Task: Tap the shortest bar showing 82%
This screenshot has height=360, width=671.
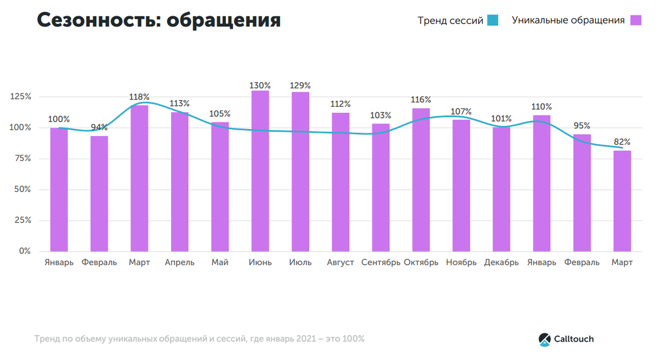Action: [x=622, y=201]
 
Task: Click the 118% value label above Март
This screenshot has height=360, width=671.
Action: [x=139, y=97]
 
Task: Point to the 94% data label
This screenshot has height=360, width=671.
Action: [x=99, y=128]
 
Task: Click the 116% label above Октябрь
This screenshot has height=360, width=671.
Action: [x=421, y=100]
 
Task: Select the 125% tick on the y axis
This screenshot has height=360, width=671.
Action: [x=21, y=97]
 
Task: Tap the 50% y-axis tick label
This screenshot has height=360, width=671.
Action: [x=22, y=190]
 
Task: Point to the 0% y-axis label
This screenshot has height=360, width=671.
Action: [x=25, y=251]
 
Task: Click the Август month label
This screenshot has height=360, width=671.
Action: [x=341, y=262]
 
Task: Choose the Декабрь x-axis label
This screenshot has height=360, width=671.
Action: [x=501, y=262]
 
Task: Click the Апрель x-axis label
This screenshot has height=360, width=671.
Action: [x=179, y=262]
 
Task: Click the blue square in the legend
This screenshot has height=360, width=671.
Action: [x=492, y=21]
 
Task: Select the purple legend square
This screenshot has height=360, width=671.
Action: [x=636, y=21]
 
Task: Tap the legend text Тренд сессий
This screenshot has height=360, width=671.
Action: [x=450, y=21]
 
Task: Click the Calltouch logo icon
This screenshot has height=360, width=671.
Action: [x=545, y=339]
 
